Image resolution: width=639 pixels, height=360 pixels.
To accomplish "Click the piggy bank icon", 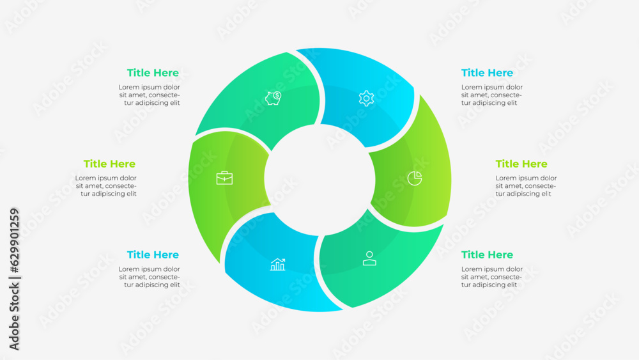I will coord(273,98).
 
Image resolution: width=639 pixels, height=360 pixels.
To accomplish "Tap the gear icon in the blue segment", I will coord(366,98).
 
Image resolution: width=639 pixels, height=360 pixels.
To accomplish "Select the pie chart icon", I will coord(415,178).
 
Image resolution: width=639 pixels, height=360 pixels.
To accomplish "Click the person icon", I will coord(369,258).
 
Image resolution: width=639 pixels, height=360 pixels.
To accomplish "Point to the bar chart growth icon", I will coord(277,264).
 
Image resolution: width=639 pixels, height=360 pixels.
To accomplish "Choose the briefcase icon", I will coord(224,178).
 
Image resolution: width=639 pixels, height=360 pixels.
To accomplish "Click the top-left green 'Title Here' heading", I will coord(153,73).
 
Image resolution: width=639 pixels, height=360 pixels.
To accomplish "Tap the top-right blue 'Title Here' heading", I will coord(487,73).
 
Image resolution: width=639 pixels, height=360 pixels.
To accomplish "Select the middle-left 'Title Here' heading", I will coord(109,164).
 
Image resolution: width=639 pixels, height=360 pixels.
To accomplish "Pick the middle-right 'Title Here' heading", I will coord(521,164).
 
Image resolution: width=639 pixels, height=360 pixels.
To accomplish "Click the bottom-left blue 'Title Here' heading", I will coord(153,254).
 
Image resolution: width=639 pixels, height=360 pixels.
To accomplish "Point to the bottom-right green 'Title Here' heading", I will coord(487,254).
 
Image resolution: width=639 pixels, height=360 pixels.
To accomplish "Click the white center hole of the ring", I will coord(319,179).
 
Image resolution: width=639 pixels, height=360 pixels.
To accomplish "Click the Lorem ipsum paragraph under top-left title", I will coord(150,95).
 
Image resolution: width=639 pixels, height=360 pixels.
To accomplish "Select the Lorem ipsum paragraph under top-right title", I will coord(491,95).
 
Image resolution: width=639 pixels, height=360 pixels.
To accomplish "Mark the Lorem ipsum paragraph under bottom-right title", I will coord(491,277).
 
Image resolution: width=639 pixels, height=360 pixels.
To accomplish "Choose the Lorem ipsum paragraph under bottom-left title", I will coord(150,277).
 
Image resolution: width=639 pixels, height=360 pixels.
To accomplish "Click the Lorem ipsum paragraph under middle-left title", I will coord(106,186).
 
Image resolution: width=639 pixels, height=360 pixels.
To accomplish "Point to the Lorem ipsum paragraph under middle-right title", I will coord(526,186).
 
